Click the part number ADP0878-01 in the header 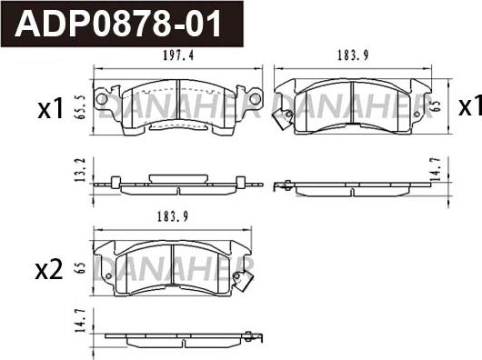(x=117, y=24)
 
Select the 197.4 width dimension (x=178, y=55)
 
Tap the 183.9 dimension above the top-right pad (x=353, y=55)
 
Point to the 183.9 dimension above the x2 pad (x=173, y=217)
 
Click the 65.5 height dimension (x=79, y=107)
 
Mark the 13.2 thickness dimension (x=80, y=170)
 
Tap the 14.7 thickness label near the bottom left (x=79, y=321)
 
